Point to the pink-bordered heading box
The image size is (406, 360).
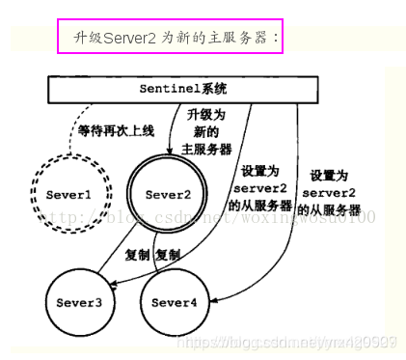(x=170, y=37)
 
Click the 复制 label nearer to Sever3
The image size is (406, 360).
(x=138, y=256)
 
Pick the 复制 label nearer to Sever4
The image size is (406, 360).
(x=168, y=256)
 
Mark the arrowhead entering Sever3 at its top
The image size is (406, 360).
(x=110, y=282)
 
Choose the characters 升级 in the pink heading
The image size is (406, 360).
(x=86, y=37)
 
